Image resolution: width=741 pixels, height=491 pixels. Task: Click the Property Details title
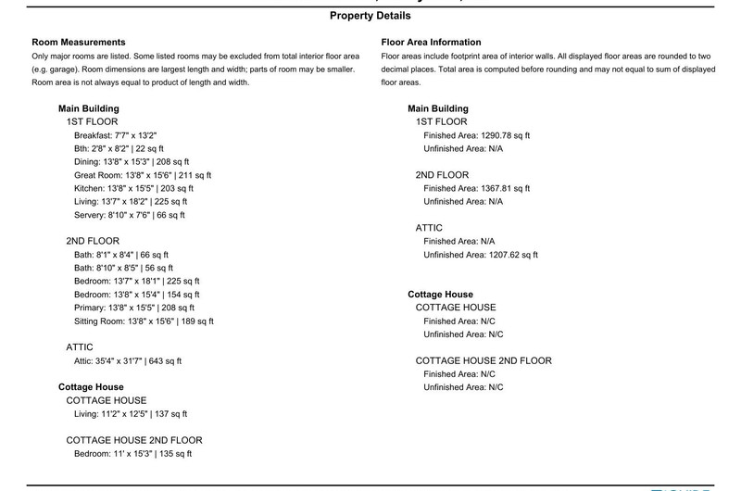[370, 16]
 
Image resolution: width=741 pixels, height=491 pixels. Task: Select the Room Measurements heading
[79, 43]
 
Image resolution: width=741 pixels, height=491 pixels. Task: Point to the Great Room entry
[143, 175]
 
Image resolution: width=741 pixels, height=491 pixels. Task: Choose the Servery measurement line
[130, 215]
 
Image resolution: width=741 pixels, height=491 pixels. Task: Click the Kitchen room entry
[133, 188]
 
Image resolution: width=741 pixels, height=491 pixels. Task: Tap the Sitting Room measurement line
[144, 321]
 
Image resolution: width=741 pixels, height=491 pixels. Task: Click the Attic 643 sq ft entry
[128, 361]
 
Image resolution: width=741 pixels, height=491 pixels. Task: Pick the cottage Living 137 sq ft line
[131, 414]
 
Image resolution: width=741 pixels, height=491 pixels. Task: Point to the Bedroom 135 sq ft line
[132, 454]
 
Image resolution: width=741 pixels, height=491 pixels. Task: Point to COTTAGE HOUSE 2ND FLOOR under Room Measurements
[134, 440]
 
